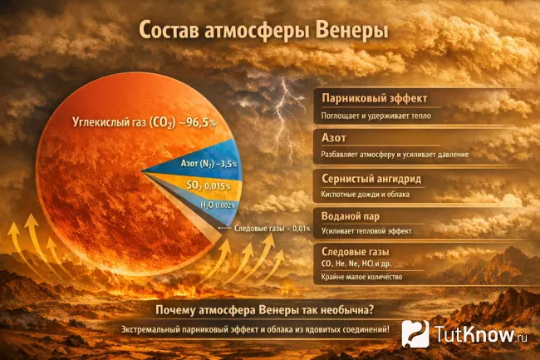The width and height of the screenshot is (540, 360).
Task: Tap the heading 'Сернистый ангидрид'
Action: (371, 178)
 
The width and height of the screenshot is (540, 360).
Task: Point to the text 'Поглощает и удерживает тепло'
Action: (376, 117)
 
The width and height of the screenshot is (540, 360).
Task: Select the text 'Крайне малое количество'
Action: (362, 277)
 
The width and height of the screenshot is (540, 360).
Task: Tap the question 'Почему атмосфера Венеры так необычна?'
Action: (264, 310)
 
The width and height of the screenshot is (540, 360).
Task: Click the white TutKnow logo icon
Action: (416, 334)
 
